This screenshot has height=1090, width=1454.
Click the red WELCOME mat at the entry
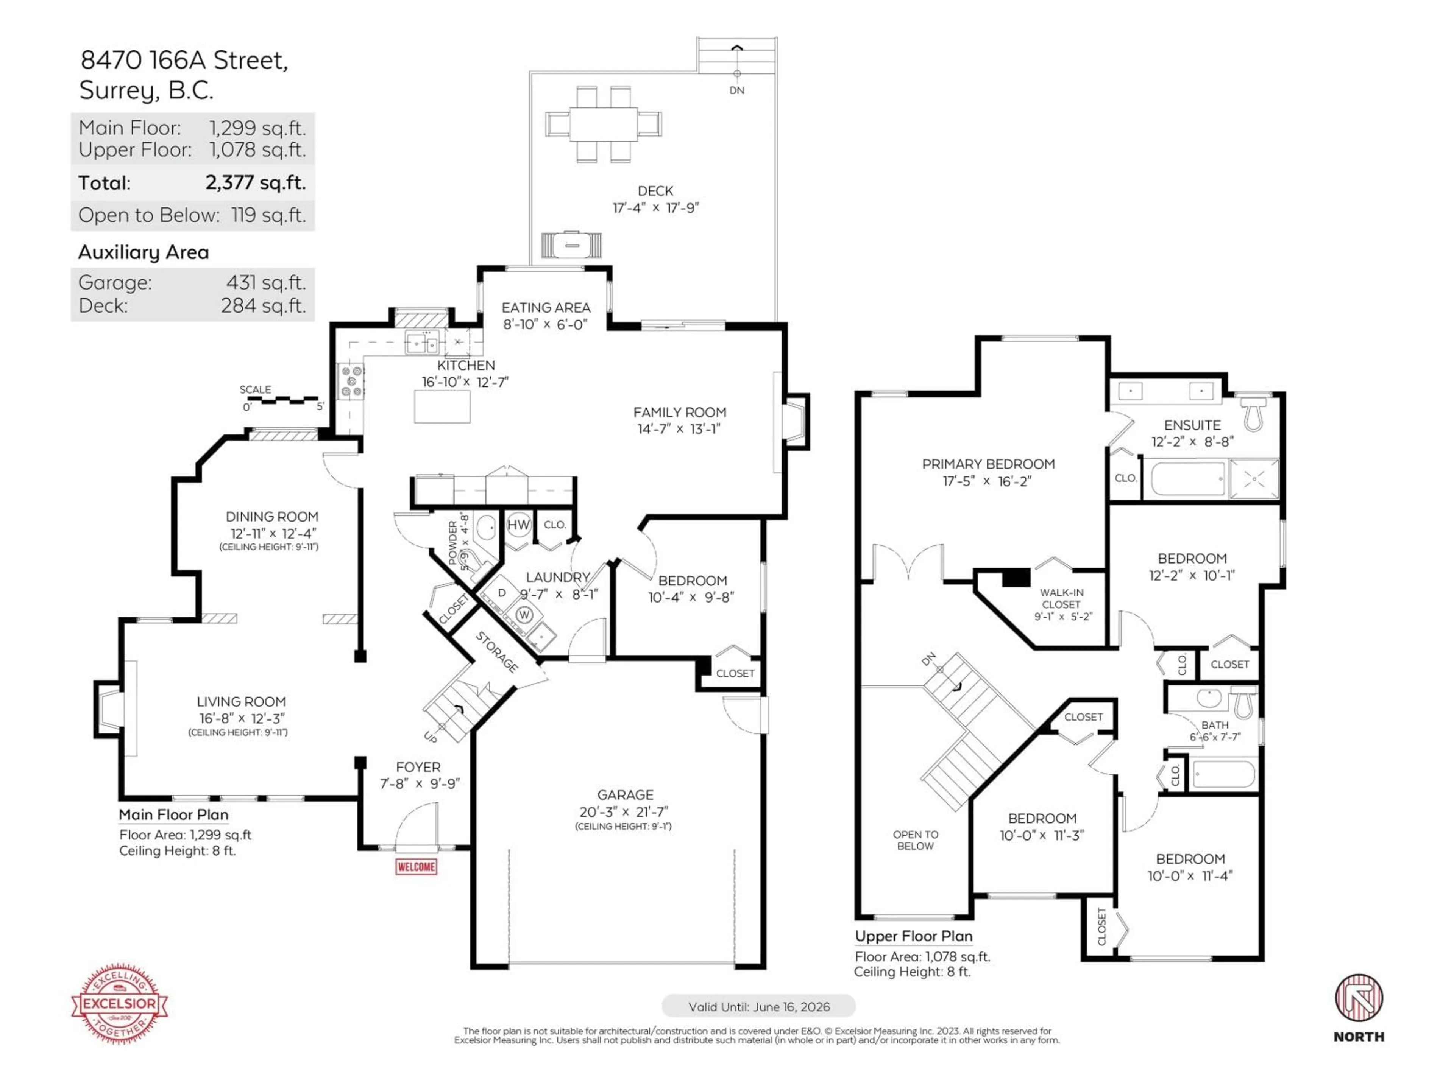tap(416, 867)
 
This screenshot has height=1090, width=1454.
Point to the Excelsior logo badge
tap(120, 1003)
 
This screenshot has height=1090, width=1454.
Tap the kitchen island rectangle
tap(442, 406)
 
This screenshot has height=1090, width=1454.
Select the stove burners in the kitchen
tap(351, 381)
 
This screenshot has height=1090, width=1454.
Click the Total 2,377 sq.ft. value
tap(256, 183)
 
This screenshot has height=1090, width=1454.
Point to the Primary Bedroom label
tap(988, 464)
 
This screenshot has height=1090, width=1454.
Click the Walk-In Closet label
tap(1062, 598)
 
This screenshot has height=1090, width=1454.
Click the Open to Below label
tap(915, 840)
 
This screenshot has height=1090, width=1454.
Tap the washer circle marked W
tap(524, 614)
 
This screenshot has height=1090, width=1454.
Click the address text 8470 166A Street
tap(184, 61)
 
